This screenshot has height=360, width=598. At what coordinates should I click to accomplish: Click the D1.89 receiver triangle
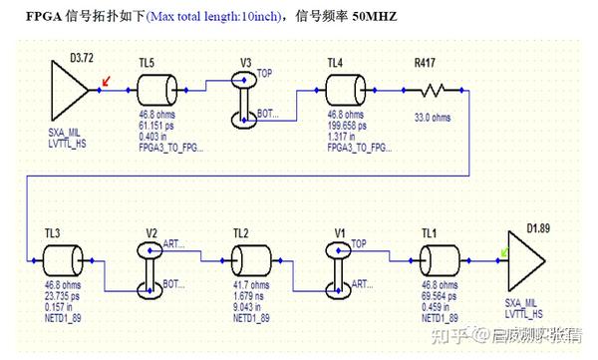pyautogui.click(x=525, y=259)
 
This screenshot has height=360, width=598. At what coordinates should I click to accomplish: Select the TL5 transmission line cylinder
pyautogui.click(x=160, y=91)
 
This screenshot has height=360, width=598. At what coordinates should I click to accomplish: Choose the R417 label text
pyautogui.click(x=428, y=62)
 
